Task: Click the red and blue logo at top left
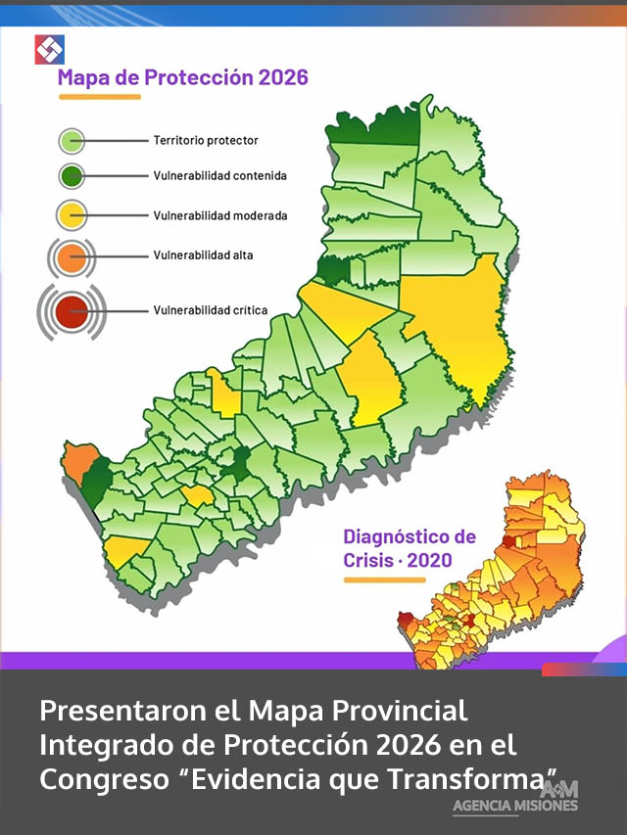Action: point(49,49)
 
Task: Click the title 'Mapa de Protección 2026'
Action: point(183,77)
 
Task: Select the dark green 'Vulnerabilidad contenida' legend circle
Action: point(73,177)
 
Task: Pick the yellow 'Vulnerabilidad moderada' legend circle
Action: point(73,214)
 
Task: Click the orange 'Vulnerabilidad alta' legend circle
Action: point(72,256)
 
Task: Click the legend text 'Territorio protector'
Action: point(206,141)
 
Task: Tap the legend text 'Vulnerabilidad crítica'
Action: point(210,310)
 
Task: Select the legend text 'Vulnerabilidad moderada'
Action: point(219,214)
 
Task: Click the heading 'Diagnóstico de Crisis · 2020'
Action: point(410,549)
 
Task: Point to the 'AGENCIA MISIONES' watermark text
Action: point(515,806)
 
